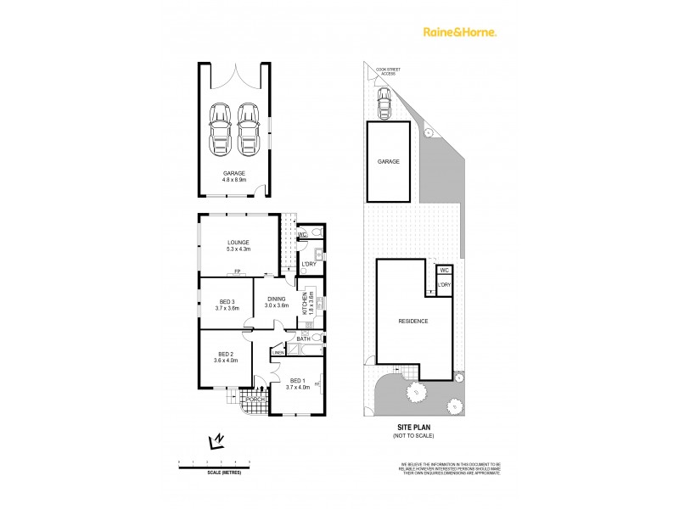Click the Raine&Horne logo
tap(460, 32)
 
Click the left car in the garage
tap(220, 129)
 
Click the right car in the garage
tap(248, 129)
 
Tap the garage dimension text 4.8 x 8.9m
tap(234, 180)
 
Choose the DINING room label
tap(278, 299)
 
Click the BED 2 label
tap(226, 354)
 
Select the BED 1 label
tap(297, 380)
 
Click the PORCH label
tap(255, 400)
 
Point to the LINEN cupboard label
tap(278, 352)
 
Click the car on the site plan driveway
tap(384, 104)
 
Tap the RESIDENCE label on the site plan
tap(413, 321)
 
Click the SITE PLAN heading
tap(413, 427)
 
